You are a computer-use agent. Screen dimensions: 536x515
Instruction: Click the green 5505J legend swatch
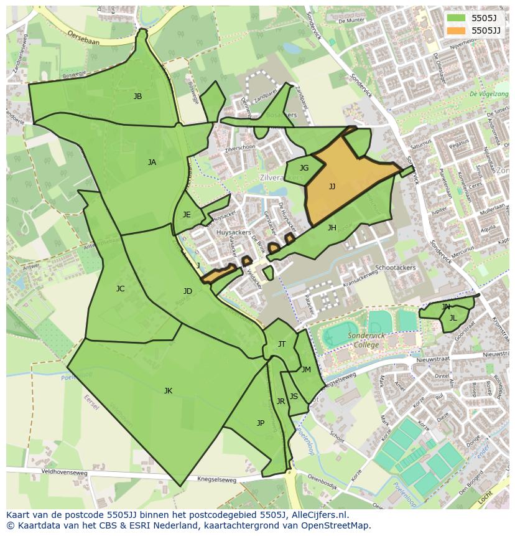457,18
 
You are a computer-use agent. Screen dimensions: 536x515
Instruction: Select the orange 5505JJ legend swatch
457,30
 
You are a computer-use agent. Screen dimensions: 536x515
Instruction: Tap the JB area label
137,96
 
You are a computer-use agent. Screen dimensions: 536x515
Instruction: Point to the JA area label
152,162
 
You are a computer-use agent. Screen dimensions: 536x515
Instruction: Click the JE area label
187,215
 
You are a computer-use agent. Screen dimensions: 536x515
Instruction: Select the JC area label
120,289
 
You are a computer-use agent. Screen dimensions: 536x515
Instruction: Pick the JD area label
188,291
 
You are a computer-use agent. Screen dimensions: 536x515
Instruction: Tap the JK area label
168,391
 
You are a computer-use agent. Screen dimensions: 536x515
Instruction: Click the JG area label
304,168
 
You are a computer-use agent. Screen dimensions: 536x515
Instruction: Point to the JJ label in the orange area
332,187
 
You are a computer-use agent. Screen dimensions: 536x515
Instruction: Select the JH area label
332,228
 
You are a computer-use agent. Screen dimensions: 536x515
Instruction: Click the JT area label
282,344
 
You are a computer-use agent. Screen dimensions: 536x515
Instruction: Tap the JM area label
306,370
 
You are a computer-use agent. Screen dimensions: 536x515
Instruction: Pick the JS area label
294,397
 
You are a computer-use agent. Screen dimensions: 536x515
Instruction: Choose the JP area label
261,423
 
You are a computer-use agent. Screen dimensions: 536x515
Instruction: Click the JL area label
453,318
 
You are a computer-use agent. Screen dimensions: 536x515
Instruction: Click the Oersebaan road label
83,36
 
